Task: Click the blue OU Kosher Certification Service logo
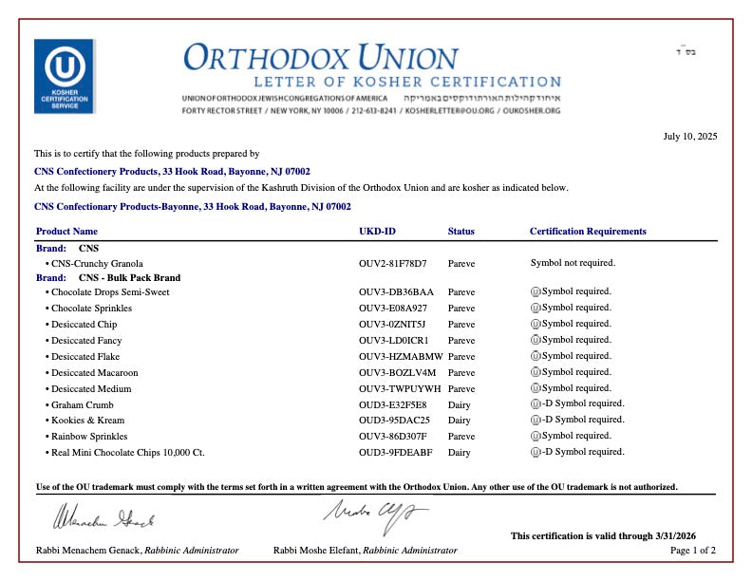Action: click(64, 76)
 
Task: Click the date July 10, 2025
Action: click(689, 137)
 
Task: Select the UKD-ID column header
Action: click(377, 232)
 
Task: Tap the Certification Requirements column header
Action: click(588, 232)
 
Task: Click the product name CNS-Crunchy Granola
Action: click(97, 263)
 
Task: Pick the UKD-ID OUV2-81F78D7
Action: click(393, 263)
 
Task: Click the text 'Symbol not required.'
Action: click(573, 263)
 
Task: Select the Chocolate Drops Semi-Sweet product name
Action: click(110, 292)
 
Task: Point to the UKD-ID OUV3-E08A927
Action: click(393, 309)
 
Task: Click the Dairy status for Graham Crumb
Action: click(460, 404)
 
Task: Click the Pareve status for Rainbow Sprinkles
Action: click(461, 437)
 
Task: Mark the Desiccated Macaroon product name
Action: click(94, 373)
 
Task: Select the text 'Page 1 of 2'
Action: click(693, 551)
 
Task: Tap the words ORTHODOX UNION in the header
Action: click(321, 57)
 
